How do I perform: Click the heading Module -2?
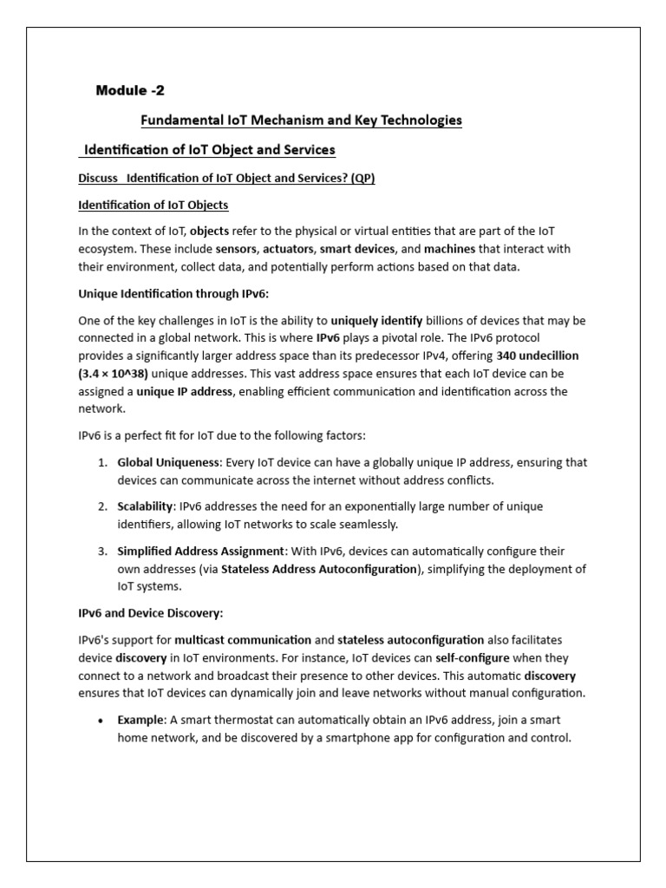[129, 91]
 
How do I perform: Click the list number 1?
[101, 462]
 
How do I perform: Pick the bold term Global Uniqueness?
[168, 462]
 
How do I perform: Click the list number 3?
[101, 551]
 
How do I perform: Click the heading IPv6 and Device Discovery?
[151, 613]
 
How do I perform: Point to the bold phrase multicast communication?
[249, 640]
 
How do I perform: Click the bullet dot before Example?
[101, 721]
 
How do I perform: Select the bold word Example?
[140, 720]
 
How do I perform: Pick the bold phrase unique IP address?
[183, 391]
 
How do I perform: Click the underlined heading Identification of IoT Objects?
[153, 205]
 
